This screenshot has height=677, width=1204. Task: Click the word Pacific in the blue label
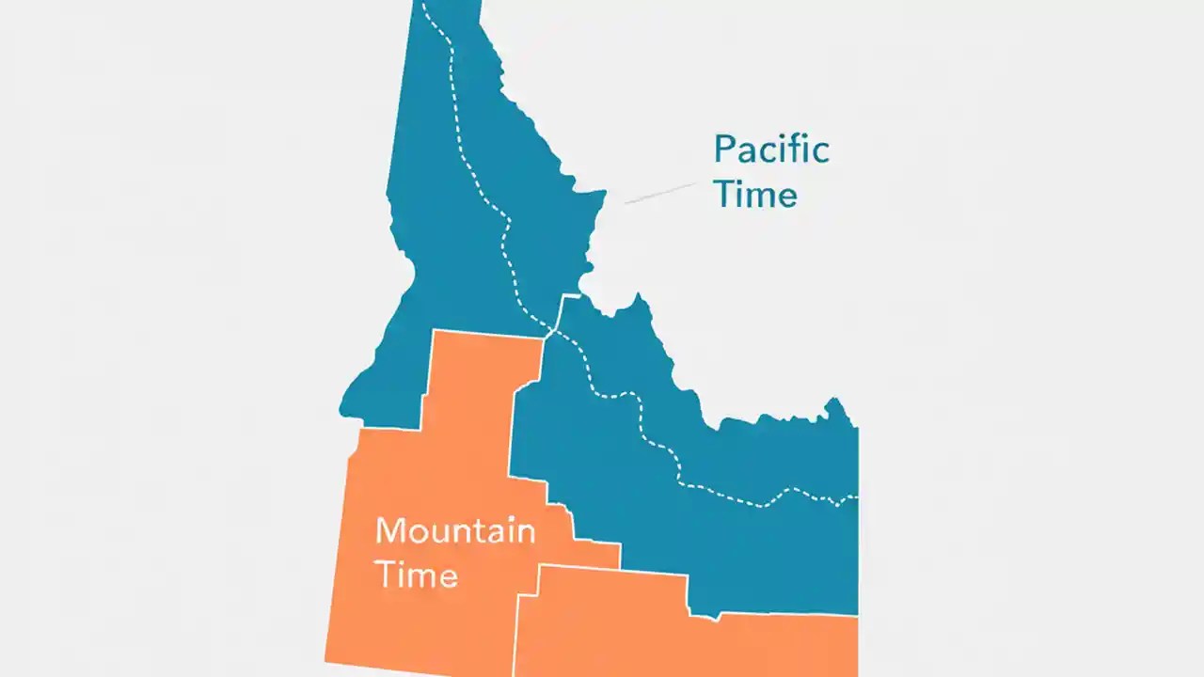click(771, 150)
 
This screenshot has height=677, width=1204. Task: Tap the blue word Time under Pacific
click(755, 195)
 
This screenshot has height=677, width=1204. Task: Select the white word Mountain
click(455, 531)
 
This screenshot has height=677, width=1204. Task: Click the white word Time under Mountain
click(417, 574)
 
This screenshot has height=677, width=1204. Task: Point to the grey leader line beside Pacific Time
click(658, 194)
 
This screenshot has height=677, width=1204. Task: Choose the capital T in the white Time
click(385, 574)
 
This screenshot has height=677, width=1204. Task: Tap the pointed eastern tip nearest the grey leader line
click(602, 193)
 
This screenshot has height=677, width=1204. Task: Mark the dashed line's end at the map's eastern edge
click(855, 496)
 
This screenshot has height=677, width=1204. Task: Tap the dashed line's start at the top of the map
click(423, 4)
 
